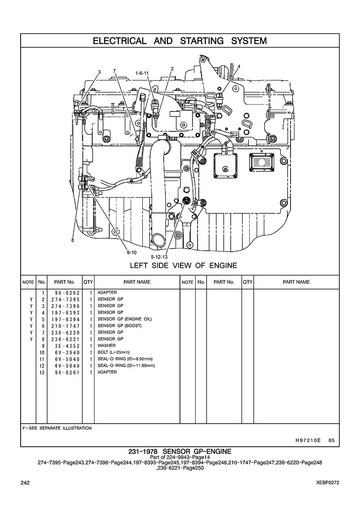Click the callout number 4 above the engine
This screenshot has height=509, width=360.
(239, 66)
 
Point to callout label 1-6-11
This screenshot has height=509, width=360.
(142, 73)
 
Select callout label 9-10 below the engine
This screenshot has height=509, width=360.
(132, 252)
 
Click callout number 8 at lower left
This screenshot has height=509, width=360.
(73, 240)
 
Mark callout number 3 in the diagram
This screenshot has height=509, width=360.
(99, 72)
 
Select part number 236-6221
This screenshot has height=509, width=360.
(65, 339)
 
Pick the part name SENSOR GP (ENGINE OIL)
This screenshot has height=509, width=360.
(125, 319)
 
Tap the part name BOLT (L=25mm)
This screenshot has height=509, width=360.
(114, 353)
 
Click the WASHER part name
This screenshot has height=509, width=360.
(106, 346)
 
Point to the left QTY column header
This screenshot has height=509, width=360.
(88, 282)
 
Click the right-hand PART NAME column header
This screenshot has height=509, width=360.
(297, 282)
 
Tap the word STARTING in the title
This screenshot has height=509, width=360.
(202, 41)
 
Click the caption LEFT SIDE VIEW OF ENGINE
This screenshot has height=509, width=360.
(183, 266)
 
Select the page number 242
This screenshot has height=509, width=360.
(25, 483)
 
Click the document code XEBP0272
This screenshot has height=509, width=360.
(328, 483)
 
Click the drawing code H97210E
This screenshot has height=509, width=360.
(308, 440)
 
